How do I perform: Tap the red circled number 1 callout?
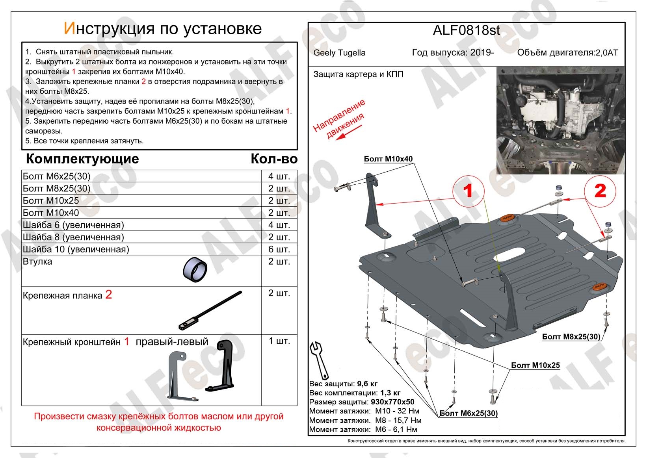pyautogui.click(x=468, y=191)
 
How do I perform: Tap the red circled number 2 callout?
pyautogui.click(x=600, y=191)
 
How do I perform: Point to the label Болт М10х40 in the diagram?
pyautogui.click(x=388, y=159)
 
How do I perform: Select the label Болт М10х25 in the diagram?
pyautogui.click(x=535, y=365)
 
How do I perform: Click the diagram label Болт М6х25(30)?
pyautogui.click(x=469, y=413)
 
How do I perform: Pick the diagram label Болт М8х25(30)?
pyautogui.click(x=571, y=336)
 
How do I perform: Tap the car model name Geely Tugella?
pyautogui.click(x=339, y=53)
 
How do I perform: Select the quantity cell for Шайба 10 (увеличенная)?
pyautogui.click(x=279, y=249)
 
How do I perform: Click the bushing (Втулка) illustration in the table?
pyautogui.click(x=195, y=270)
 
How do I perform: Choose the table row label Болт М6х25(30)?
pyautogui.click(x=57, y=176)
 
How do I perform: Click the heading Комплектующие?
pyautogui.click(x=82, y=159)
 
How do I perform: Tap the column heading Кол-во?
pyautogui.click(x=274, y=159)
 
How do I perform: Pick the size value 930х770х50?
pyautogui.click(x=392, y=402)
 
